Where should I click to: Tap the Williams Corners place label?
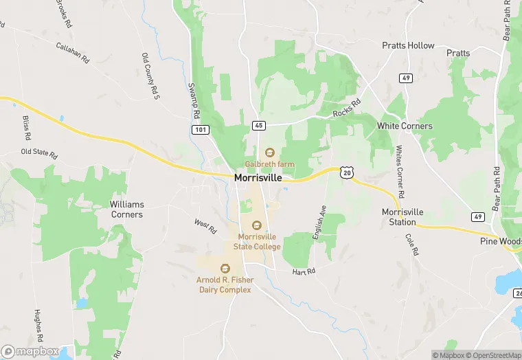tap(127, 210)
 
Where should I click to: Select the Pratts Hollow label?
tap(408, 45)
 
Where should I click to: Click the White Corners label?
tap(405, 126)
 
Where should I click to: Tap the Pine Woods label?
tap(500, 242)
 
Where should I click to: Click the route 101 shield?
tap(200, 129)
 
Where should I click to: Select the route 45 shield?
tap(258, 125)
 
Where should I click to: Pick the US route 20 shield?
tap(347, 173)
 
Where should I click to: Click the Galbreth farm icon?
tap(269, 153)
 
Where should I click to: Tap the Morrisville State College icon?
tap(258, 225)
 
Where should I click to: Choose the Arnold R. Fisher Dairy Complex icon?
tap(224, 269)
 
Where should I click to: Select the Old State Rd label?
tap(38, 152)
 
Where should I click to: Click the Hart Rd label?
tap(303, 271)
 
